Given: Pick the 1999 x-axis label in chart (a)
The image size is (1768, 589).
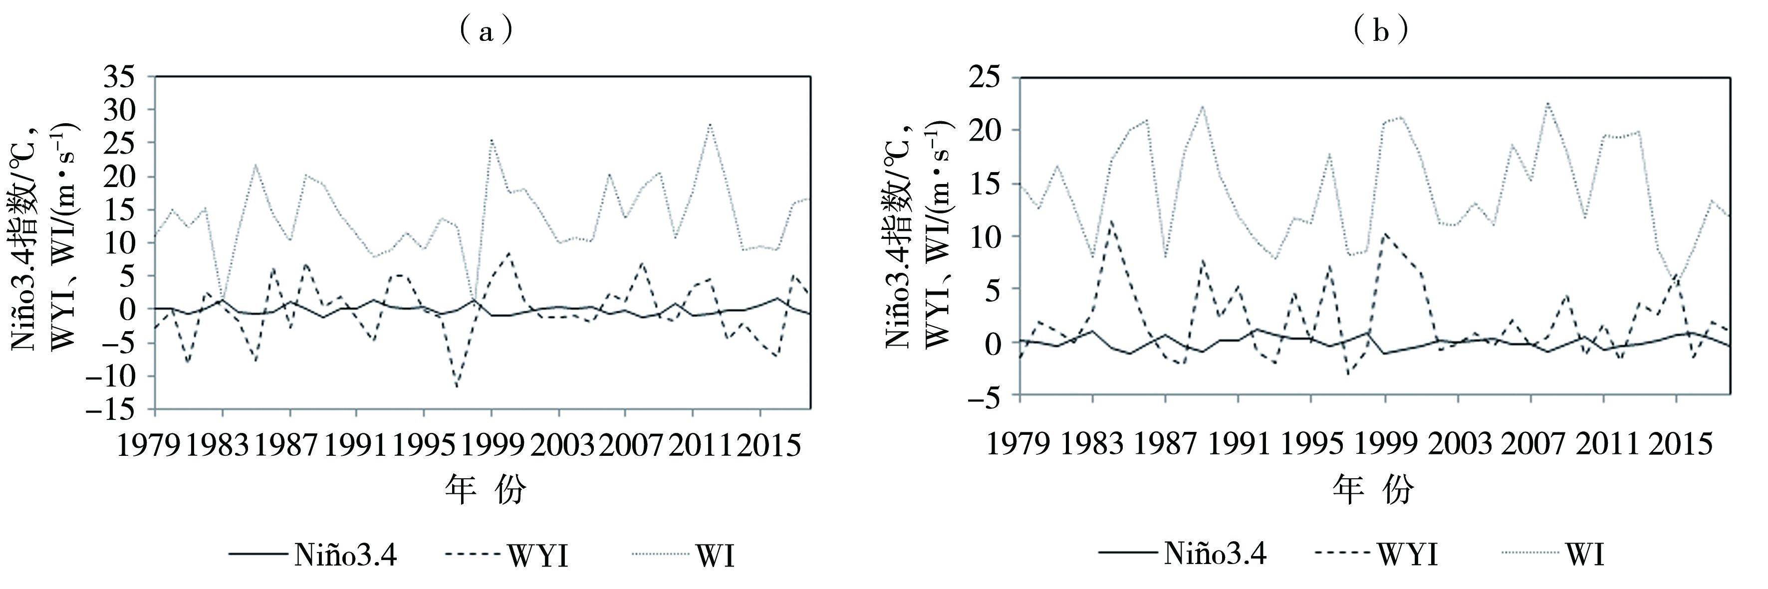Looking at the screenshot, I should tap(492, 446).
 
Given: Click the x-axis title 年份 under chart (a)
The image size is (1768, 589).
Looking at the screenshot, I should tap(486, 491).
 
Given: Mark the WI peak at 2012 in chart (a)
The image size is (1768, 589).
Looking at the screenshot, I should tap(710, 124).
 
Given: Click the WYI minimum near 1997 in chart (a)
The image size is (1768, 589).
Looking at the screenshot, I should tap(458, 388).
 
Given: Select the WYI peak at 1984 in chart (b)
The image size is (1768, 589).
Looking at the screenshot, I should tap(1110, 221).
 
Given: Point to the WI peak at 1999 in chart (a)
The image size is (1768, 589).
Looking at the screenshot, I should tap(492, 139).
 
